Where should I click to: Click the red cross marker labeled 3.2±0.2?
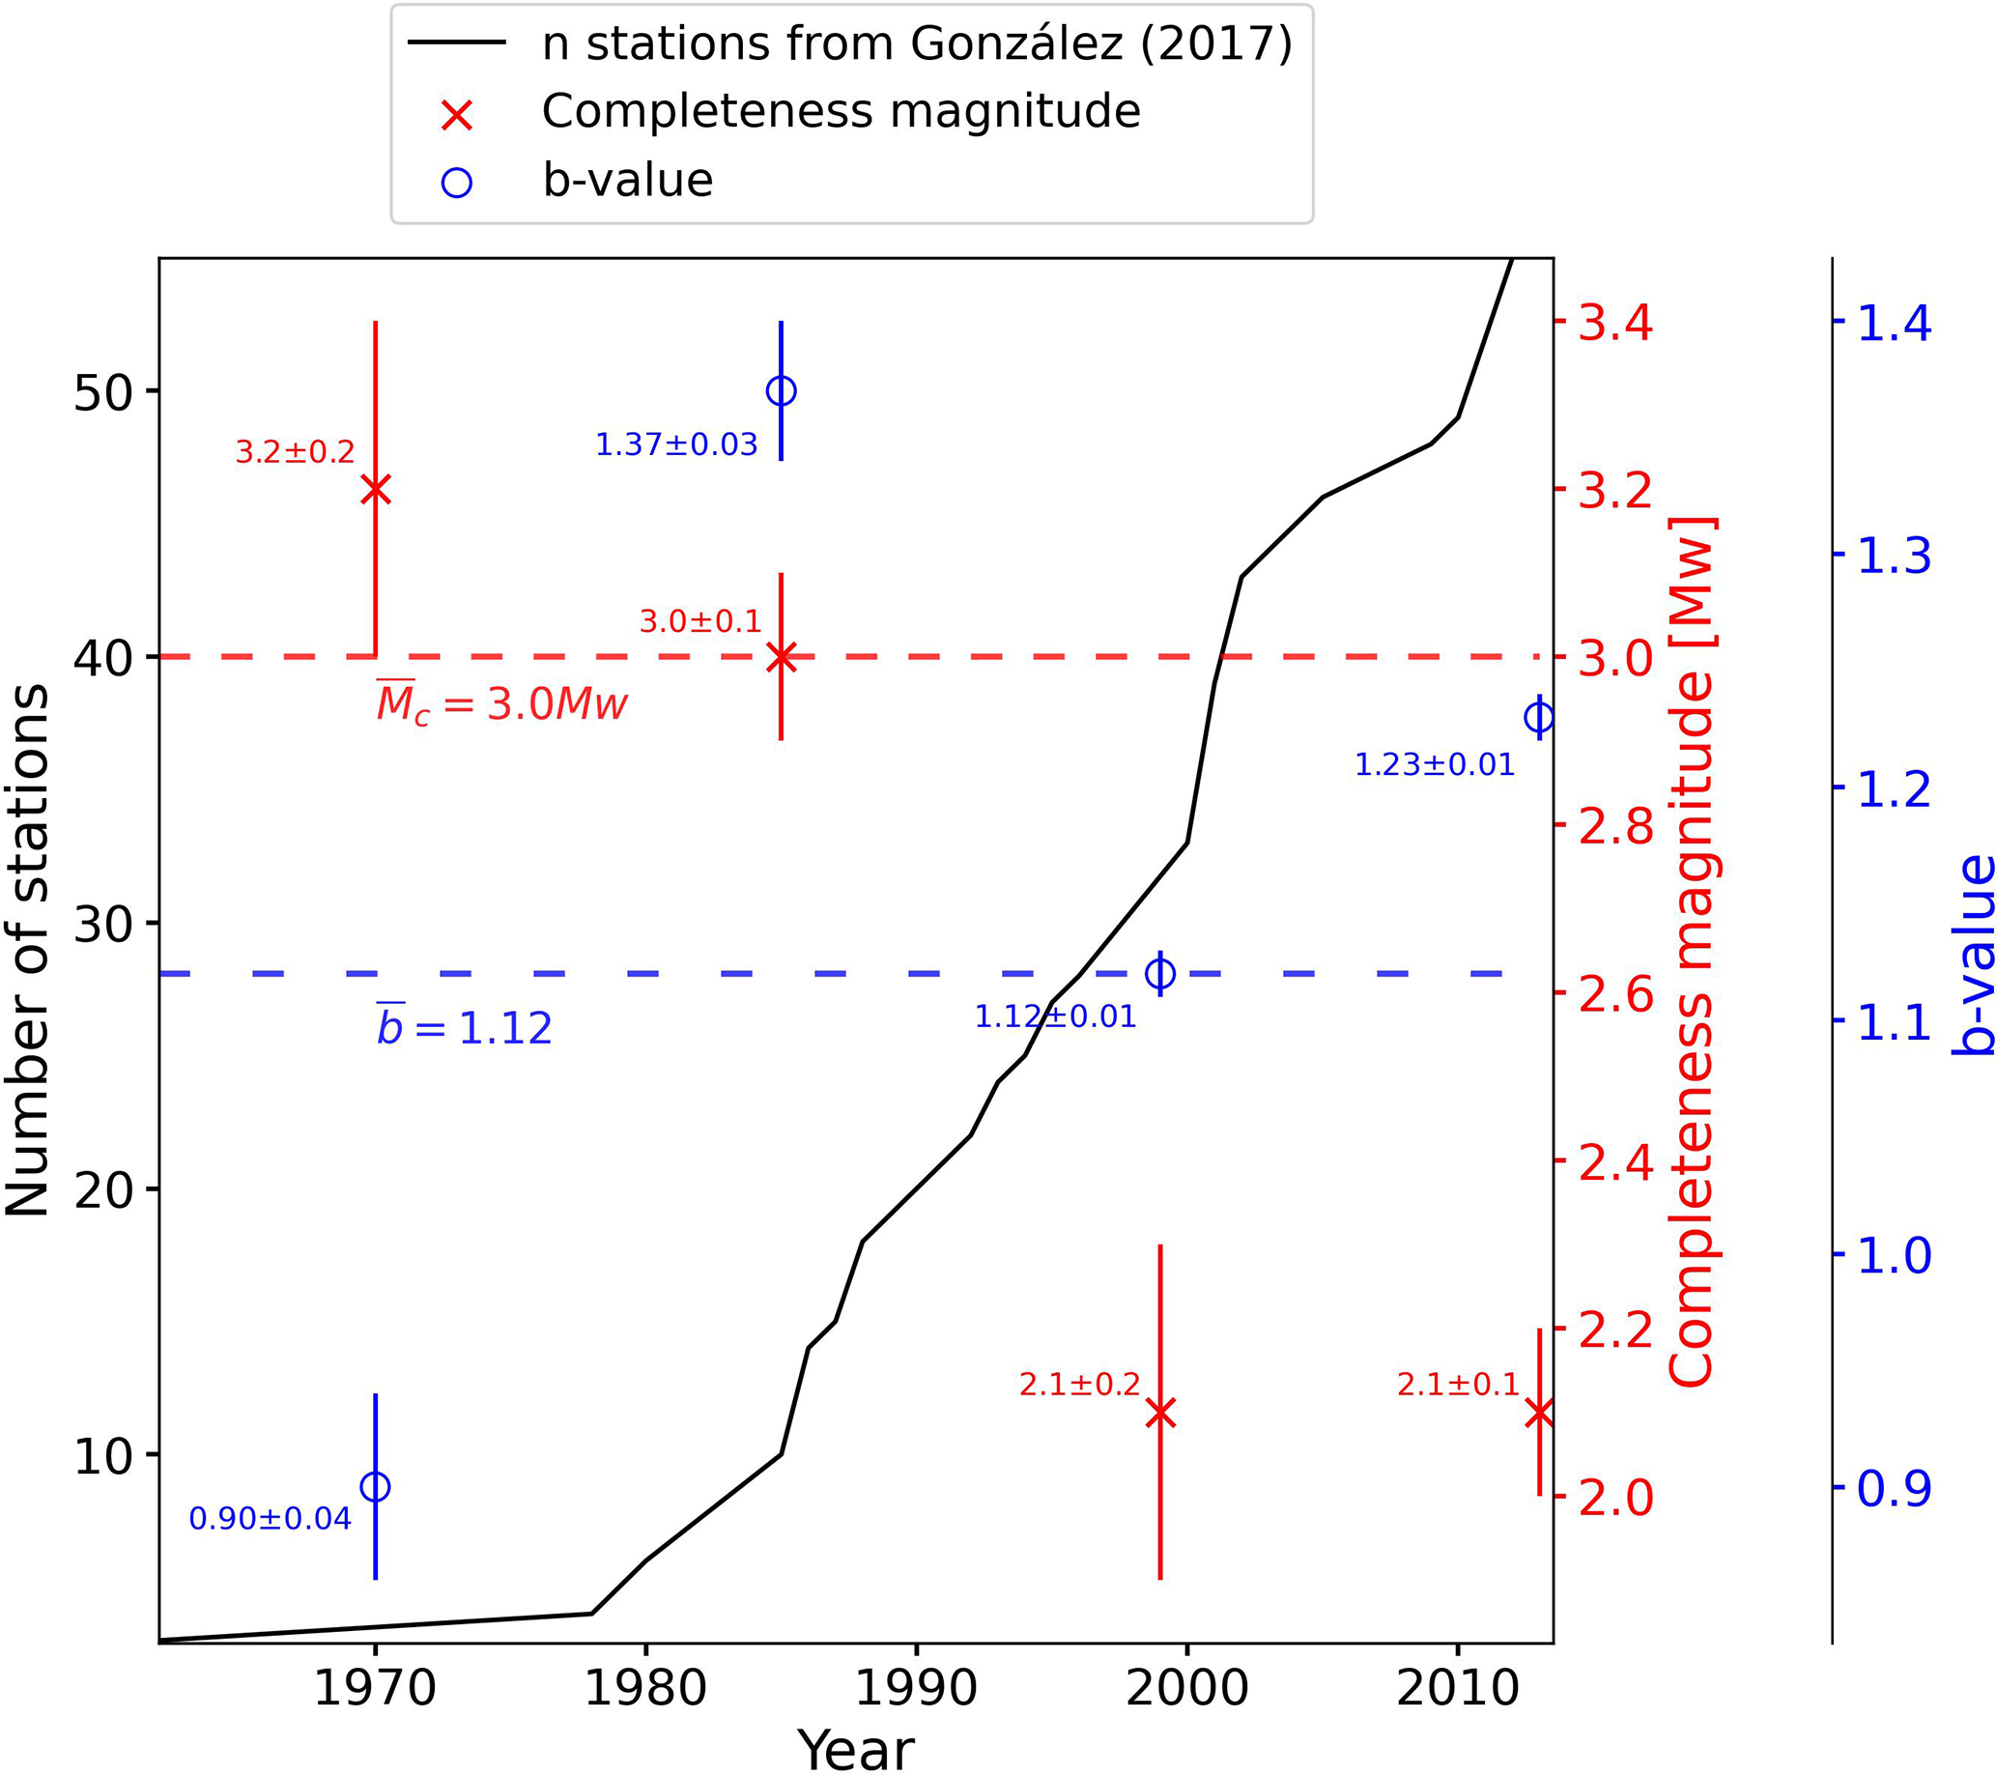(375, 490)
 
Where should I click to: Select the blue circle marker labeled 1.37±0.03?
(781, 390)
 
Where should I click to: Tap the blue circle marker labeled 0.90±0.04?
(375, 1487)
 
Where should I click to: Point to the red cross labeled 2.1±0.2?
(1159, 1413)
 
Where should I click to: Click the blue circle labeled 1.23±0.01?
(1539, 718)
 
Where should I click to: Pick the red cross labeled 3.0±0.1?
(781, 657)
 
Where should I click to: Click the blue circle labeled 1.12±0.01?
(1159, 974)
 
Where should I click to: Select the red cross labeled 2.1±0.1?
(1539, 1413)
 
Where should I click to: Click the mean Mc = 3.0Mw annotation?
(502, 703)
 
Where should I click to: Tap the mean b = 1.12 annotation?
(465, 1028)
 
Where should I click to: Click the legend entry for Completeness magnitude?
(841, 111)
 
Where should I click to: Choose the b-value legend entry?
(627, 181)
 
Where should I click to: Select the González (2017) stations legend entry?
(917, 43)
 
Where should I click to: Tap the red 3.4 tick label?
(1616, 323)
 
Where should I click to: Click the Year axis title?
(856, 1749)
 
